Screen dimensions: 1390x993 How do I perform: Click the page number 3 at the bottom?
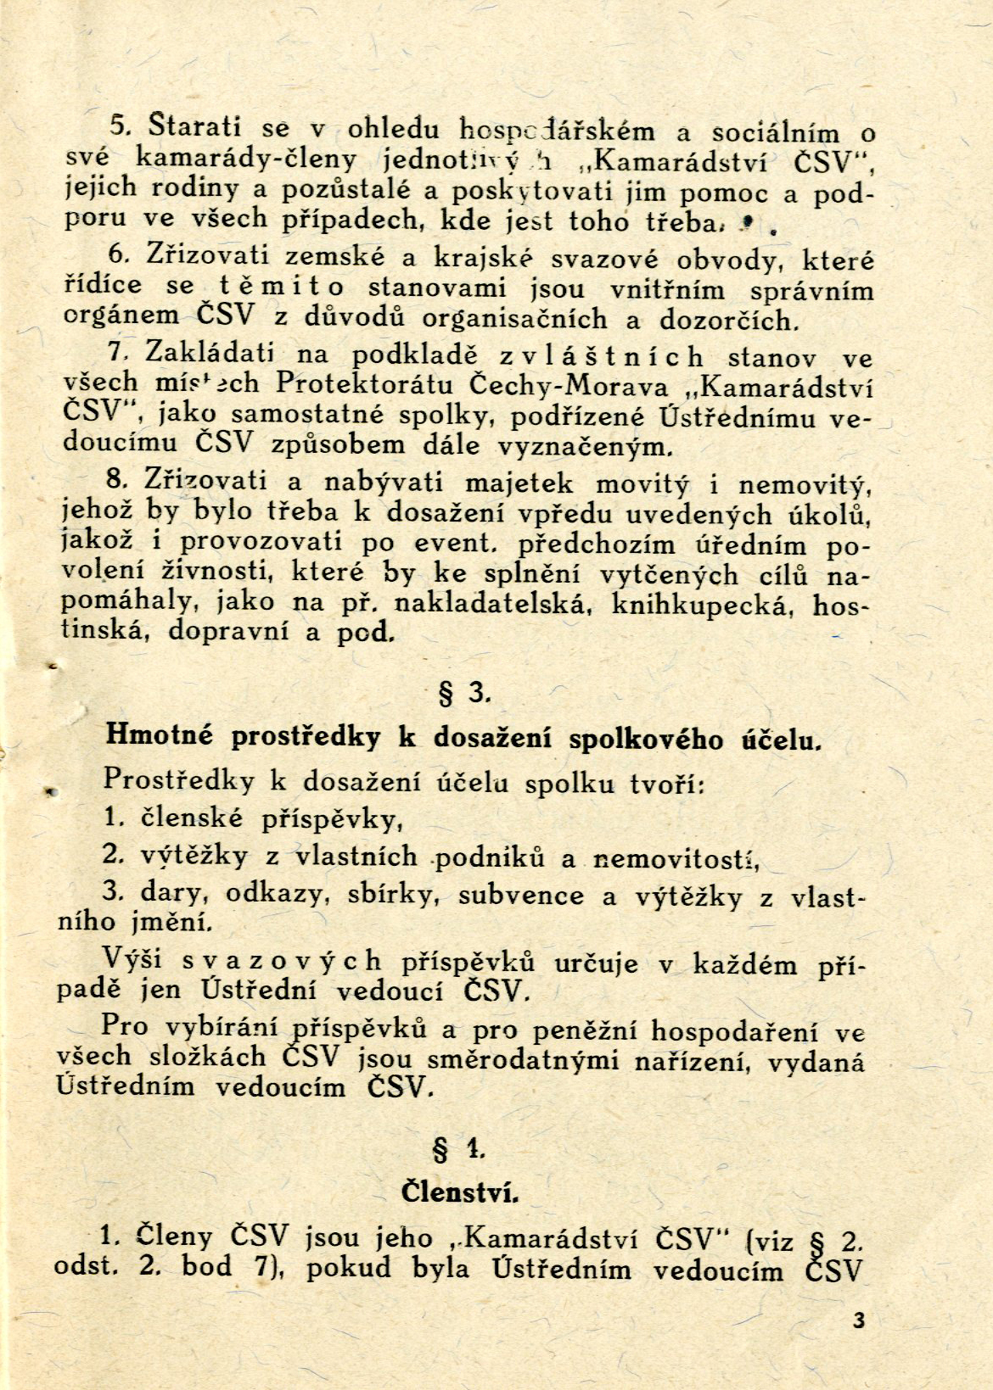point(860,1320)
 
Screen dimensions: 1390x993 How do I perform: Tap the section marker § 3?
point(463,695)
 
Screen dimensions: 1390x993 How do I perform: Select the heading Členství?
point(459,1192)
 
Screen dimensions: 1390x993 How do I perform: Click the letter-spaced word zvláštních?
point(601,355)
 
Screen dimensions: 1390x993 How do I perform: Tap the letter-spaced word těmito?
point(276,287)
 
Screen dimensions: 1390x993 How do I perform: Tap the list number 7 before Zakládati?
point(118,350)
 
